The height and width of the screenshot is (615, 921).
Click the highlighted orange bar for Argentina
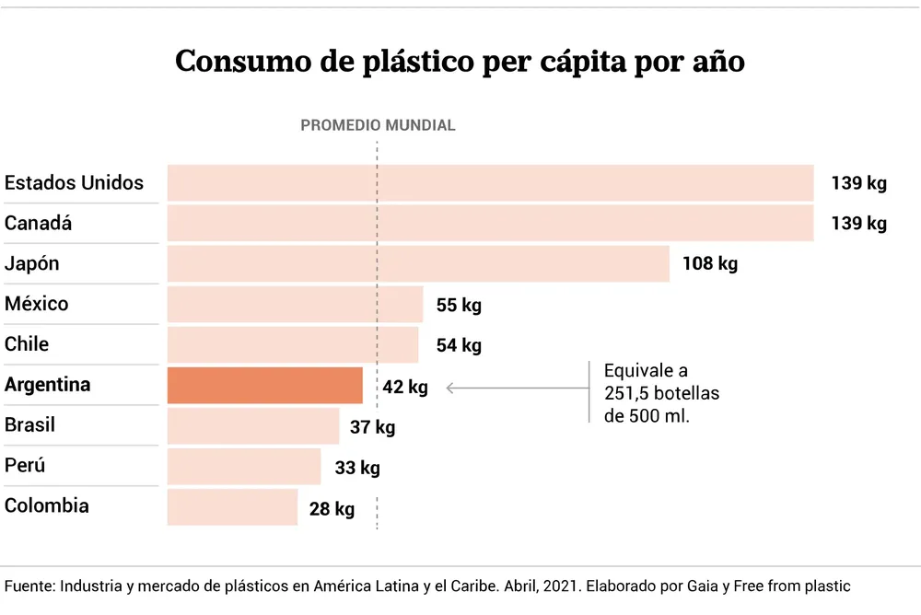pyautogui.click(x=265, y=385)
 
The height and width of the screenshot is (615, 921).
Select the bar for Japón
pyautogui.click(x=418, y=263)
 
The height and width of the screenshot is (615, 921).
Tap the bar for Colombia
pyautogui.click(x=232, y=506)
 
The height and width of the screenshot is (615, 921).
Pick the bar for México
pyautogui.click(x=295, y=304)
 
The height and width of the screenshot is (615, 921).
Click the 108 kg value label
pyautogui.click(x=710, y=264)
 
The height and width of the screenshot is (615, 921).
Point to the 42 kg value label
pyautogui.click(x=405, y=388)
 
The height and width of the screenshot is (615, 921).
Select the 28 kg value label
pyautogui.click(x=332, y=508)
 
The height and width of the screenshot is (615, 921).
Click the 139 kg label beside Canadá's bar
pyautogui.click(x=858, y=224)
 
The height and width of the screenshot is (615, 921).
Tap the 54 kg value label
pyautogui.click(x=459, y=345)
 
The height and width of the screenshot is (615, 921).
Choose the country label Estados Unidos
pyautogui.click(x=74, y=182)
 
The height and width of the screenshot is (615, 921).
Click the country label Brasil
pyautogui.click(x=29, y=425)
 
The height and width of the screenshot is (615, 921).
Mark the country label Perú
pyautogui.click(x=25, y=466)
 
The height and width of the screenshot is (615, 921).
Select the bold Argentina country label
pyautogui.click(x=47, y=385)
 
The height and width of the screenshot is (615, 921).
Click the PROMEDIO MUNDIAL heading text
pyautogui.click(x=378, y=125)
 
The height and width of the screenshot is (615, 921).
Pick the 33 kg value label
pyautogui.click(x=357, y=468)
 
